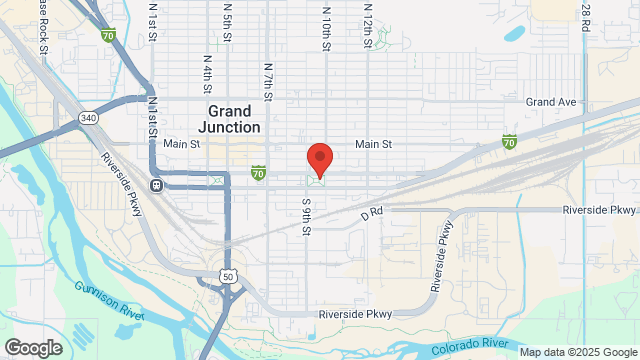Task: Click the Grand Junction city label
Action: (234, 118)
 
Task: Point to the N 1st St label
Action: (153, 20)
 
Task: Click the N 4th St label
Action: (206, 74)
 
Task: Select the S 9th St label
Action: (306, 215)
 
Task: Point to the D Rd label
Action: (372, 212)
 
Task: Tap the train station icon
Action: (156, 185)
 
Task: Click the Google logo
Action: (32, 348)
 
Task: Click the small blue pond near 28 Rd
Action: (514, 34)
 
